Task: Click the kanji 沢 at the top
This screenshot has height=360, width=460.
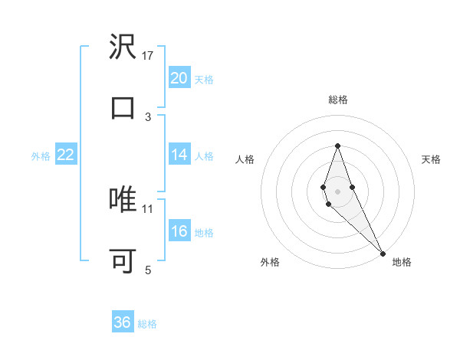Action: (x=123, y=47)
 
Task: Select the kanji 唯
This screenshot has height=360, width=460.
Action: (x=123, y=199)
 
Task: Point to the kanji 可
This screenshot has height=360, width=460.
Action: (x=123, y=260)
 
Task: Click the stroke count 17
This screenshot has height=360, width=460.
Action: (x=148, y=56)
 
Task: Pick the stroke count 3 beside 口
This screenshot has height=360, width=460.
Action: (x=148, y=116)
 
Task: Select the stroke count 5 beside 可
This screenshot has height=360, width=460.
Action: (x=148, y=270)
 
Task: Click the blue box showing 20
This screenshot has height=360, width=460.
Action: (x=179, y=78)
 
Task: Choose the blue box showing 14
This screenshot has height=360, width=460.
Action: (x=179, y=155)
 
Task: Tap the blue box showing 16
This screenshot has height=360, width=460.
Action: (x=179, y=231)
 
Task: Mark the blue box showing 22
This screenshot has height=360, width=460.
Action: (x=66, y=155)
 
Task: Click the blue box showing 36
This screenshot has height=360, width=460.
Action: (x=123, y=322)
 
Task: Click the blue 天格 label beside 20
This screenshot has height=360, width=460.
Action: (x=204, y=80)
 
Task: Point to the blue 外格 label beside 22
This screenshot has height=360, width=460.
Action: (x=41, y=156)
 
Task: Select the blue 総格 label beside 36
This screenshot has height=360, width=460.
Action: (x=147, y=324)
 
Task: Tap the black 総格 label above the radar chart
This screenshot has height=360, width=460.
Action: (x=337, y=100)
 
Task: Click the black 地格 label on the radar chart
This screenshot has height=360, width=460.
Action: (x=402, y=262)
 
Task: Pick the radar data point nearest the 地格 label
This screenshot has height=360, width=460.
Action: (x=383, y=254)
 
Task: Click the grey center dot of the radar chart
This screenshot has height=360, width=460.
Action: (x=337, y=190)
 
